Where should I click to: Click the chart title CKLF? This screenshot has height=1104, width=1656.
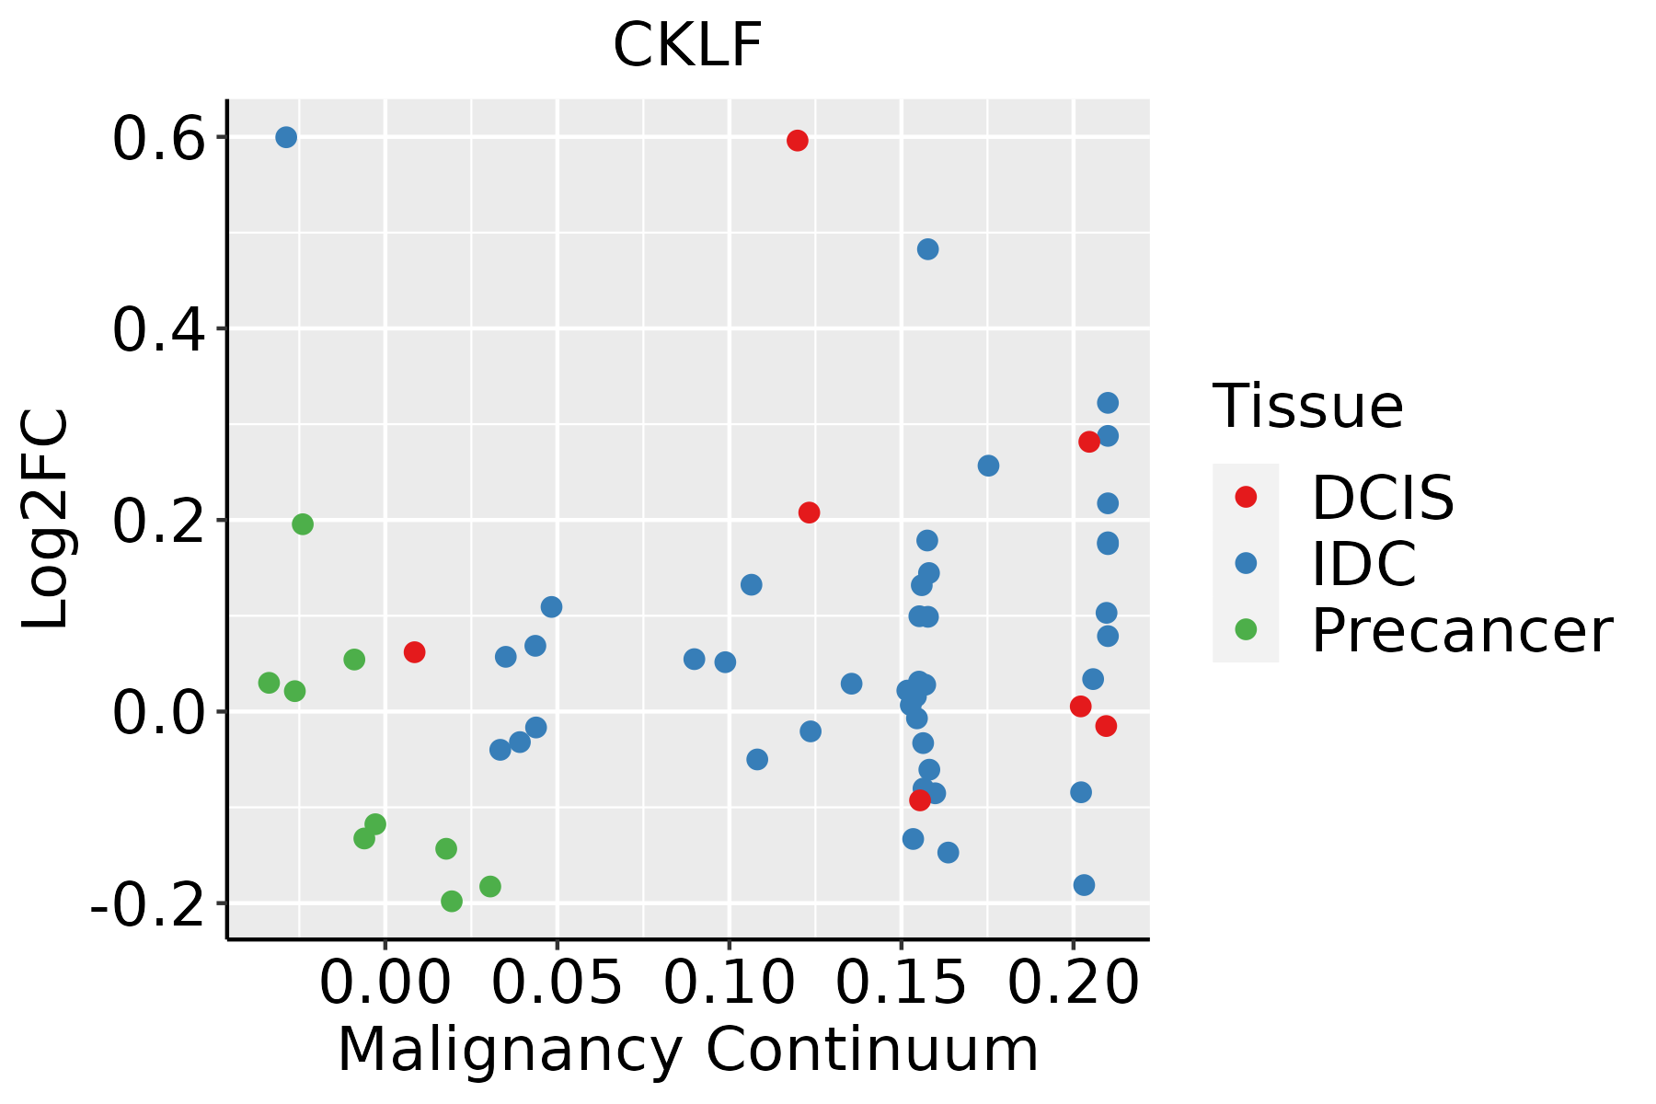click(687, 45)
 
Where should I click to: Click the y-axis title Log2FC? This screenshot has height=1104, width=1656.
click(46, 520)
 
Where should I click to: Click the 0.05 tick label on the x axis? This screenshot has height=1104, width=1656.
click(557, 983)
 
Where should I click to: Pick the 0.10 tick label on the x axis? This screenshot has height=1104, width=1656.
click(729, 983)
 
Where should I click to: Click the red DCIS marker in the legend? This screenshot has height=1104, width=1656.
click(1246, 497)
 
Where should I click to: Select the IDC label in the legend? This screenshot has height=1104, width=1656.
click(1363, 564)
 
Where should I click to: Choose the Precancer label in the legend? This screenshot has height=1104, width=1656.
click(1461, 631)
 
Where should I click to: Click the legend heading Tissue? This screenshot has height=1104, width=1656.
click(1307, 406)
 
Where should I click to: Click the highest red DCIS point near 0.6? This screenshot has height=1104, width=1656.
click(798, 141)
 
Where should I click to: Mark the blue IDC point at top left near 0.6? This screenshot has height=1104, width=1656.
click(286, 137)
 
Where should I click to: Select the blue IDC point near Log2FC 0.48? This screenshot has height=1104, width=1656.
click(927, 249)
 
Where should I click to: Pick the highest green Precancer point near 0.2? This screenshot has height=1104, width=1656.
click(303, 524)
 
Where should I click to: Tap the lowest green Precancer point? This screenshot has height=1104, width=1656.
click(452, 901)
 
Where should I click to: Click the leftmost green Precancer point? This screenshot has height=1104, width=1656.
click(269, 683)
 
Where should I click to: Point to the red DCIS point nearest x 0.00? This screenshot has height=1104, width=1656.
click(414, 652)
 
